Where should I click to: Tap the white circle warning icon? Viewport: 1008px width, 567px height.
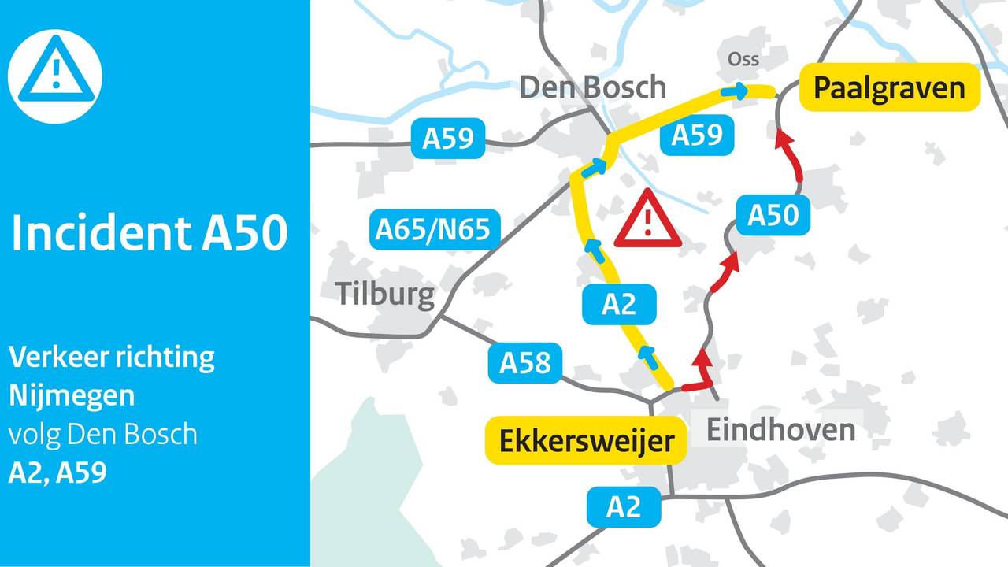(x=55, y=76)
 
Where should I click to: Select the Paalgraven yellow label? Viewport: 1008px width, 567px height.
(x=889, y=87)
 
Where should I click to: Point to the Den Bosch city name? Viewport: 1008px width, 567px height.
(x=592, y=87)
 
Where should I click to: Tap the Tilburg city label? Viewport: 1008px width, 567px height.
(x=386, y=294)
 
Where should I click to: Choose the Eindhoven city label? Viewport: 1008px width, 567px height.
(x=780, y=430)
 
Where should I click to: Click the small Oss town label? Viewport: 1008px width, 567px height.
(x=743, y=60)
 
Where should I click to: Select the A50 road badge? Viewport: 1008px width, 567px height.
(x=773, y=215)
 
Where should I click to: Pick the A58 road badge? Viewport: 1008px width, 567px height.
(x=524, y=364)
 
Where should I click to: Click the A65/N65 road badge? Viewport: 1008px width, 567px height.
(x=433, y=230)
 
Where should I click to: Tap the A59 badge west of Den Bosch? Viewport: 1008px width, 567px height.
(x=447, y=139)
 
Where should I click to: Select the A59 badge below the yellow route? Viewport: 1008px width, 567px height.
(x=697, y=135)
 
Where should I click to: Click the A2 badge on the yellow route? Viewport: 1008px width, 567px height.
(x=619, y=305)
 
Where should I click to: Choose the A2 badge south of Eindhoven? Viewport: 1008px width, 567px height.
(x=623, y=508)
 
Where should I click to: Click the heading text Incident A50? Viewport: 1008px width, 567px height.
(x=150, y=234)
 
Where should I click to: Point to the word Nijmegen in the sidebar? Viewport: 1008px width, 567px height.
(x=72, y=395)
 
